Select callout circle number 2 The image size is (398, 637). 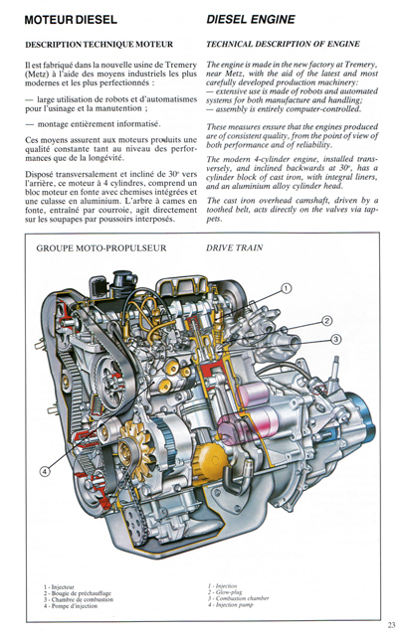(326, 320)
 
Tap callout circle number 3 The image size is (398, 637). (336, 339)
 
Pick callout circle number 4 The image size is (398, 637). (44, 471)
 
